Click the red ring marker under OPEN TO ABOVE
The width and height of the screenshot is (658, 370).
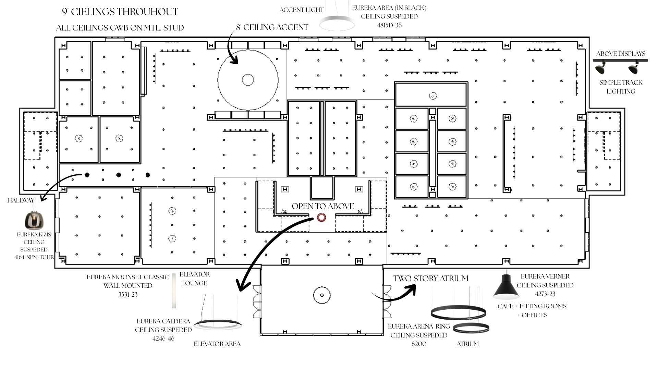321,217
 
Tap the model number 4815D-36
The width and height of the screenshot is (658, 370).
389,25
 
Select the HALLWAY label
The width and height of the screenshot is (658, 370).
21,200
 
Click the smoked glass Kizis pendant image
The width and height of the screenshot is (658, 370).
35,220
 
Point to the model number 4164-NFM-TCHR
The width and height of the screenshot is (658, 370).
34,257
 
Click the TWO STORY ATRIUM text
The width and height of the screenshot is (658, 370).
430,279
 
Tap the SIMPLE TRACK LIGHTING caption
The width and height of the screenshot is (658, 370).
621,87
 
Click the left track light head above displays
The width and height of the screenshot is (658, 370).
600,68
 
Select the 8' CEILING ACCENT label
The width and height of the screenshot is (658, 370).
272,27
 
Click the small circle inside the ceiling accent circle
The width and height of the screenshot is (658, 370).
248,80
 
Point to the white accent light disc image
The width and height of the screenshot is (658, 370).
337,23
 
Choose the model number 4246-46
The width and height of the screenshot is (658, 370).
163,338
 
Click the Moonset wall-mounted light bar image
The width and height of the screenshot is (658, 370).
174,291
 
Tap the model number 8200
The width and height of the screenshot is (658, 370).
419,344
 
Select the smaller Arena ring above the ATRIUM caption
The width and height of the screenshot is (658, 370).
471,328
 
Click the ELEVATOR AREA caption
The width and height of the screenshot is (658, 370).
217,344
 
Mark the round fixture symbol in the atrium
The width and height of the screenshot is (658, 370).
322,295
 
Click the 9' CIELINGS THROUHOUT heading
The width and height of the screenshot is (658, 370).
120,12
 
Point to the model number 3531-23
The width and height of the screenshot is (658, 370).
128,294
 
